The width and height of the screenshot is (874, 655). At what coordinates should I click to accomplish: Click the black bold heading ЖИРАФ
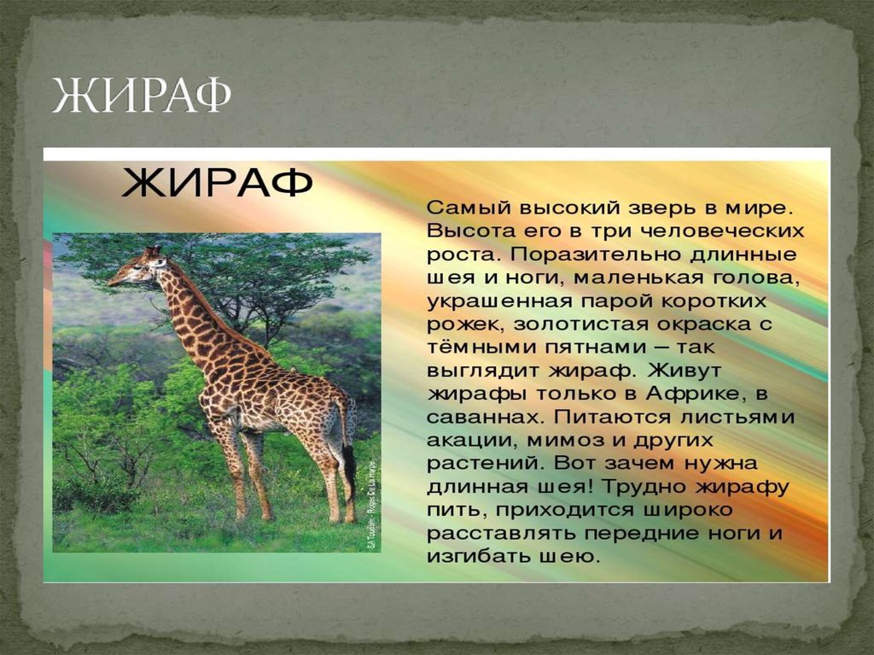tap(217, 184)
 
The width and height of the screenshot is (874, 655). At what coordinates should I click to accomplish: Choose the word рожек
tap(462, 325)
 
